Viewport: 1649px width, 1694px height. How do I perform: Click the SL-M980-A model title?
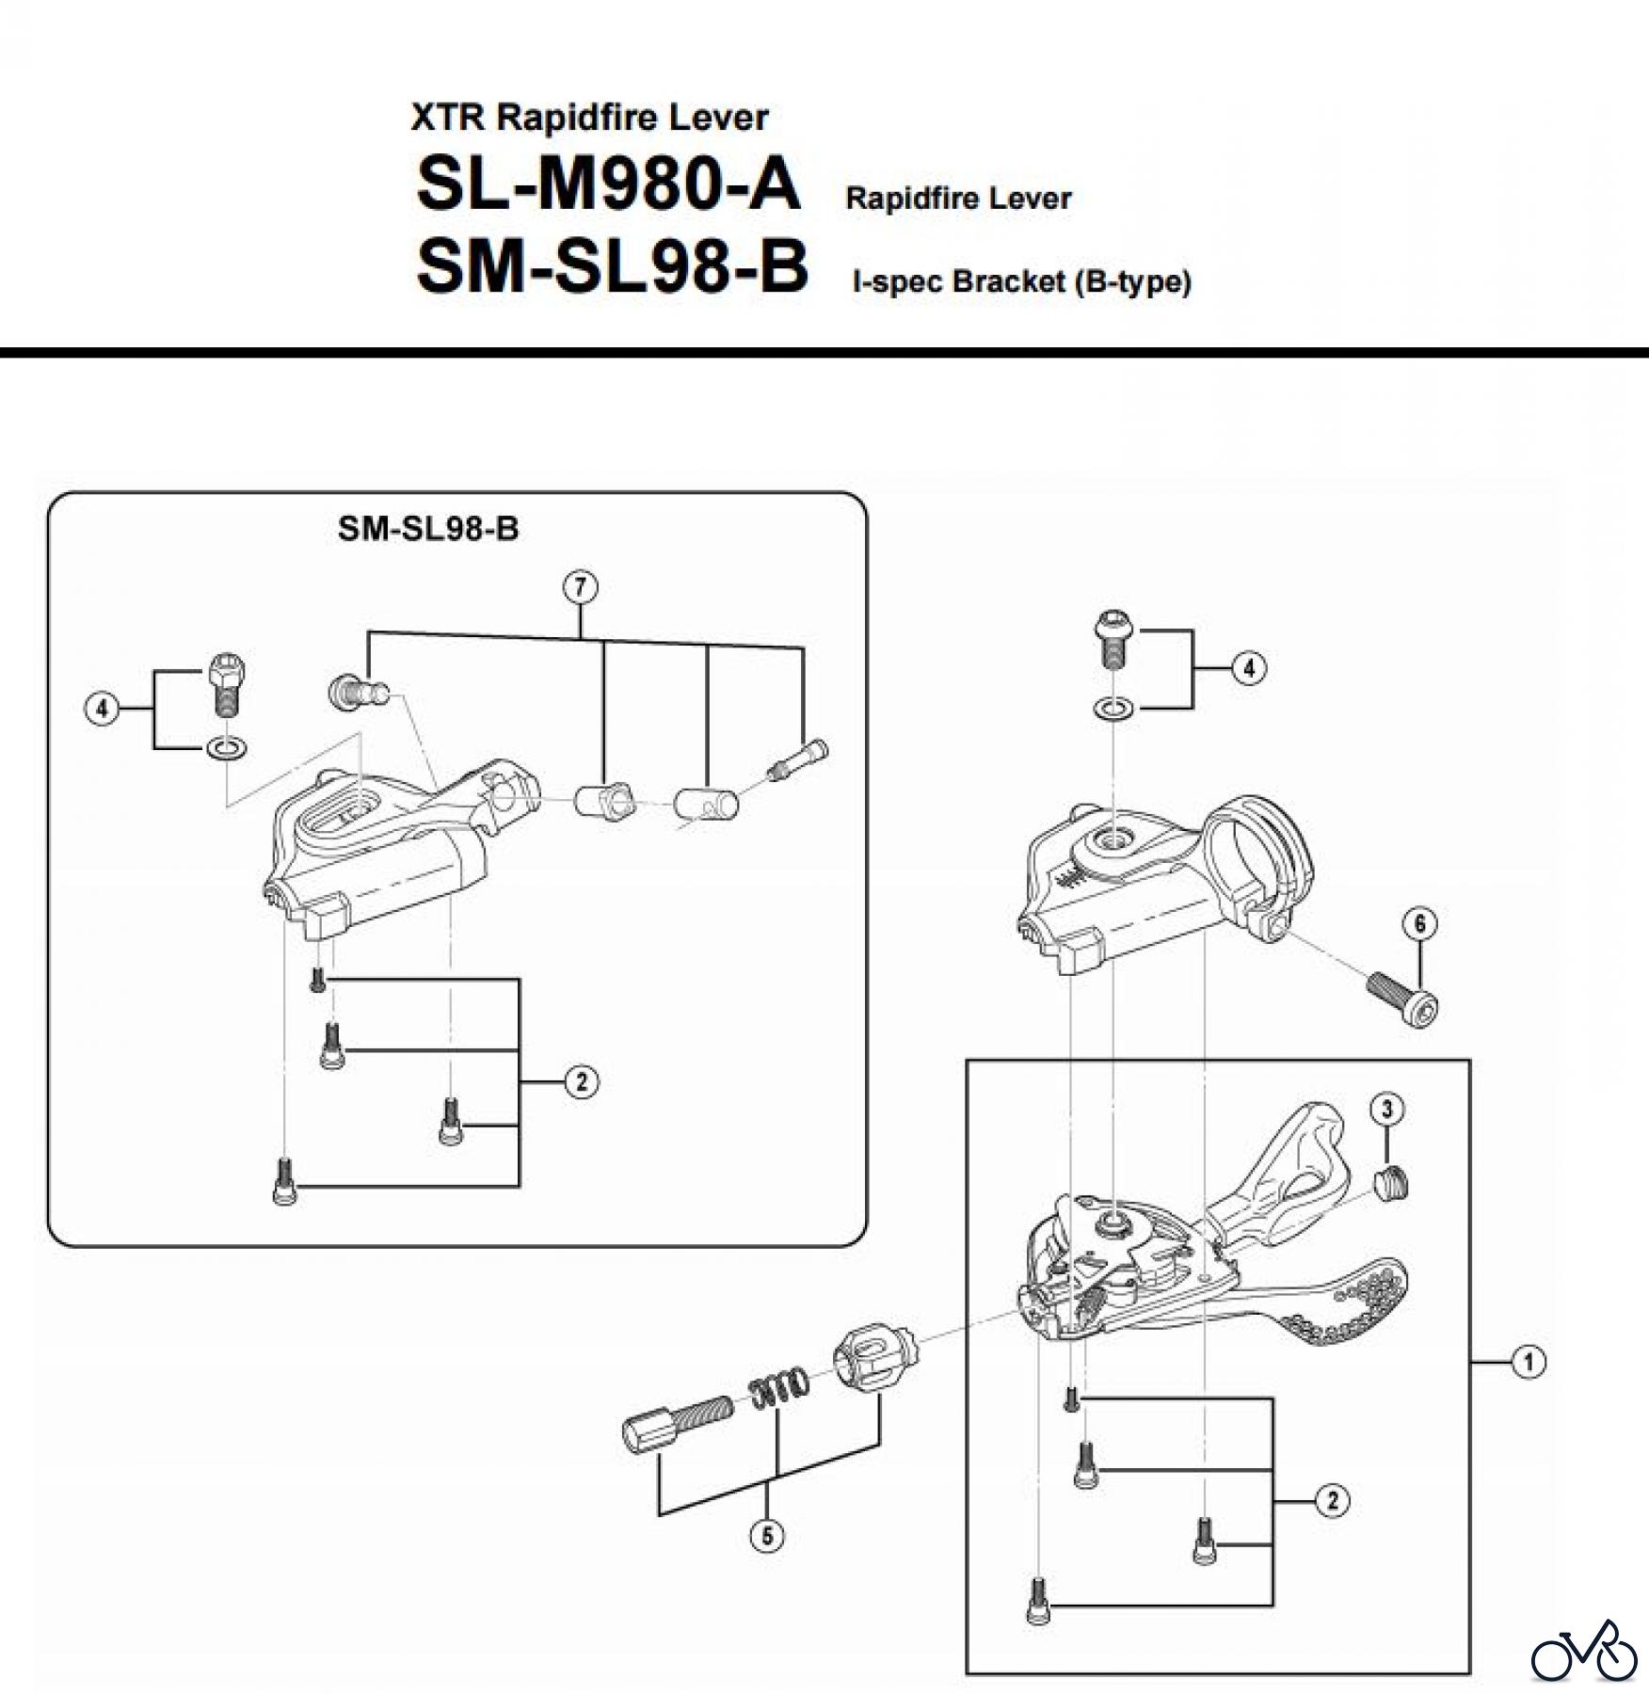(608, 184)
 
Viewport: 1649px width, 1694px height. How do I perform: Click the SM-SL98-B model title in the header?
(612, 267)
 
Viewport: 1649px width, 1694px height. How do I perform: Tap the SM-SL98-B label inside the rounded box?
(428, 529)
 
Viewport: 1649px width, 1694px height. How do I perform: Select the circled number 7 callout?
(580, 587)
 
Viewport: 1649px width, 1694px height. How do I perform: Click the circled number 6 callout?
(1420, 923)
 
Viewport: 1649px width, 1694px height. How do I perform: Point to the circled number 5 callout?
(767, 1536)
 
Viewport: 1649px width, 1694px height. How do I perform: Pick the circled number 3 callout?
(1386, 1110)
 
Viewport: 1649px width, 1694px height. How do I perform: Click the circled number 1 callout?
(1529, 1362)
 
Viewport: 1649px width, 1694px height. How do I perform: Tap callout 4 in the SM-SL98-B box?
(103, 708)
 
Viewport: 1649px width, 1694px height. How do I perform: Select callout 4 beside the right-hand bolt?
(1249, 669)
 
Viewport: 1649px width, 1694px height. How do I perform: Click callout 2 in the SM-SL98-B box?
(582, 1082)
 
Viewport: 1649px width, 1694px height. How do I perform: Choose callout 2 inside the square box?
(1332, 1500)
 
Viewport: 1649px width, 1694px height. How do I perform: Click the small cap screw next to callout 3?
(1390, 1183)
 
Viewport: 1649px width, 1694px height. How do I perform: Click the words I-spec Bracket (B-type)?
(1021, 281)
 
